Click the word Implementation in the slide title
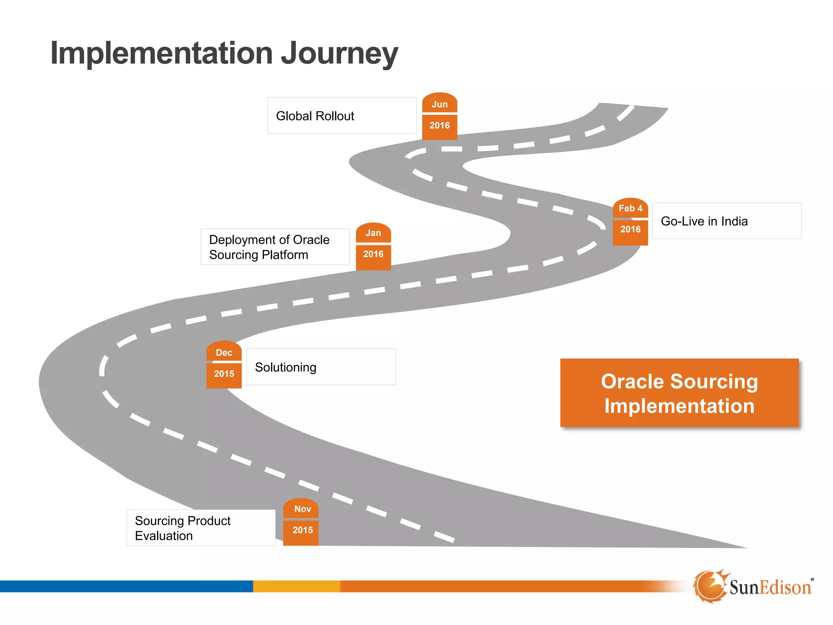pos(161,53)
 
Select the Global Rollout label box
pos(342,116)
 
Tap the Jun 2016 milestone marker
pos(439,116)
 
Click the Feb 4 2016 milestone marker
pos(630,221)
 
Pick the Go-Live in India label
pos(726,221)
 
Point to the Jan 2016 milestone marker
pos(373,246)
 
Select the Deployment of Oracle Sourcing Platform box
pos(275,247)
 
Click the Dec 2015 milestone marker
pos(224,365)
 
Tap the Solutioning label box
pos(321,367)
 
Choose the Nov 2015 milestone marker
pos(301,522)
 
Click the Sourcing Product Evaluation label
pos(201,528)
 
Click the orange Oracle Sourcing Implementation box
pos(679,393)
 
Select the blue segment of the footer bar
pos(126,586)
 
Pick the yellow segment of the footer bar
pos(297,586)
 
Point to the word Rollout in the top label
pos(335,116)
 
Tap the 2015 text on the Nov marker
pos(303,530)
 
